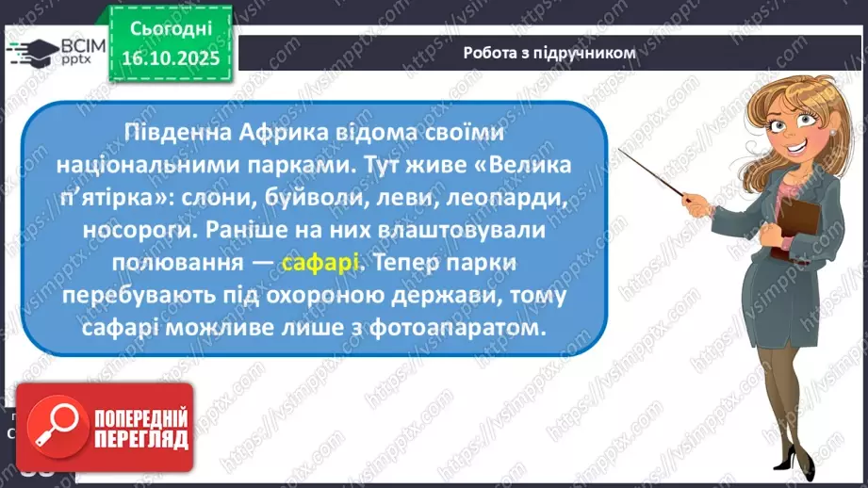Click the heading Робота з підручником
point(549,53)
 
